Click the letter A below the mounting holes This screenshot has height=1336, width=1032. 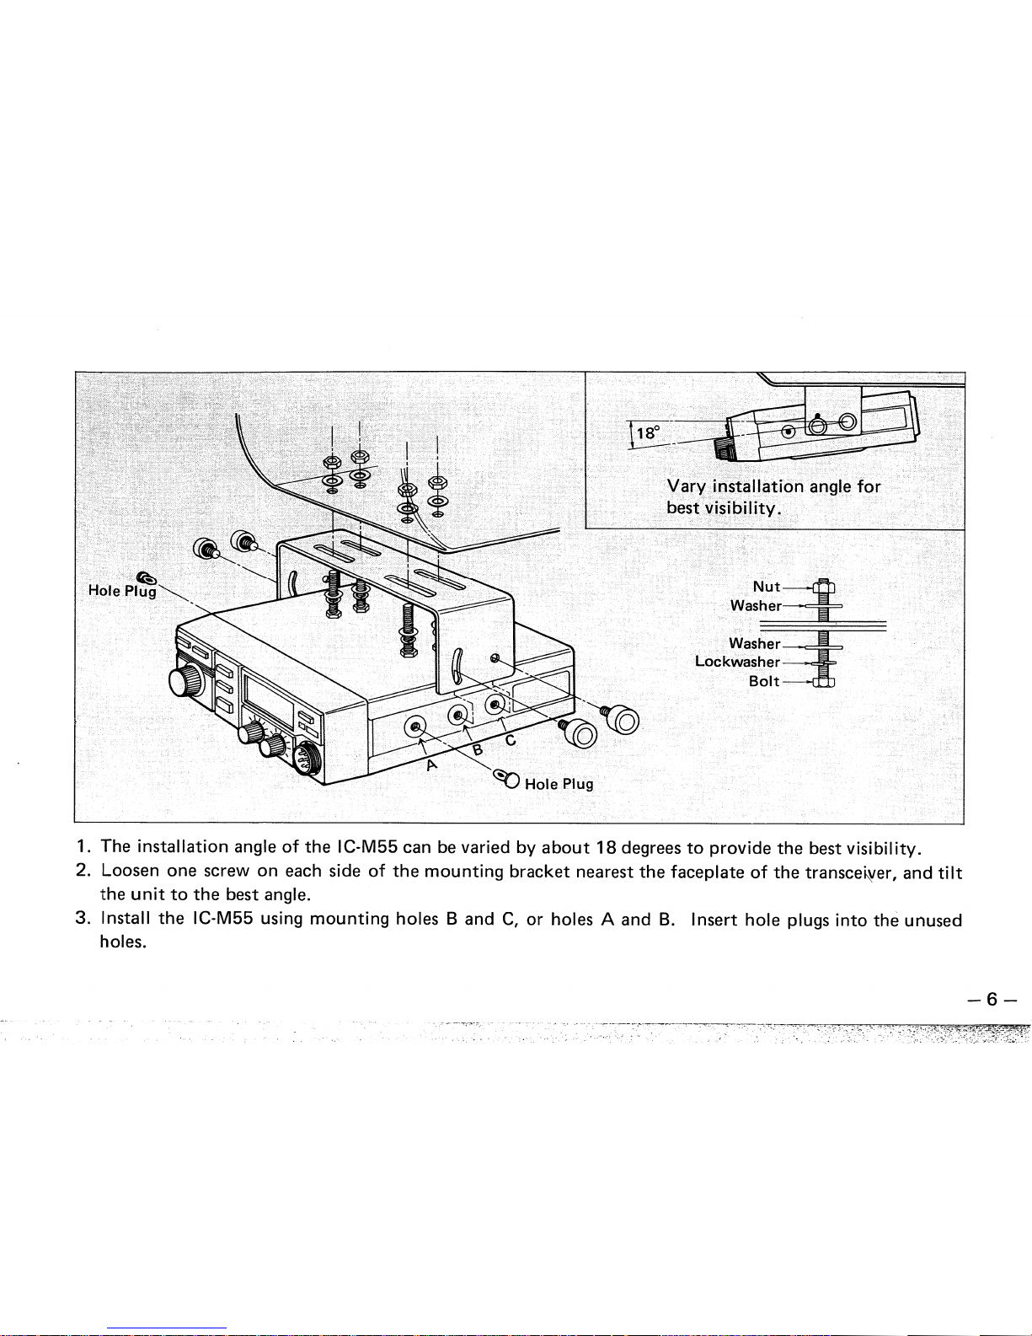(432, 765)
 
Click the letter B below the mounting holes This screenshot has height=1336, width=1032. (478, 748)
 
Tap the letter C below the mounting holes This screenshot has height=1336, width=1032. (510, 740)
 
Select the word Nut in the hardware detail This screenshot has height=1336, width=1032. (766, 587)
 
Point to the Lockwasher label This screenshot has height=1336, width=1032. (737, 662)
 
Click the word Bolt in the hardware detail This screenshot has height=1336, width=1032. (763, 681)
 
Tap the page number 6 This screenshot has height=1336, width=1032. (991, 999)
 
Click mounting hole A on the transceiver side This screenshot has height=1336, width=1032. (416, 727)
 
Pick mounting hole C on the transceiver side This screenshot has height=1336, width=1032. (495, 703)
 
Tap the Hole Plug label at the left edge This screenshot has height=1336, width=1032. (123, 591)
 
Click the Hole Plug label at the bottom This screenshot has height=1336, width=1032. (559, 784)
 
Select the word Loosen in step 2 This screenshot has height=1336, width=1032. (131, 871)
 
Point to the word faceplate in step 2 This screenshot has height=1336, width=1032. (708, 872)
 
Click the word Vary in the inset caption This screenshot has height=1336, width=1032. (687, 487)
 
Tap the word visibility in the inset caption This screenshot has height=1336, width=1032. (743, 508)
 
